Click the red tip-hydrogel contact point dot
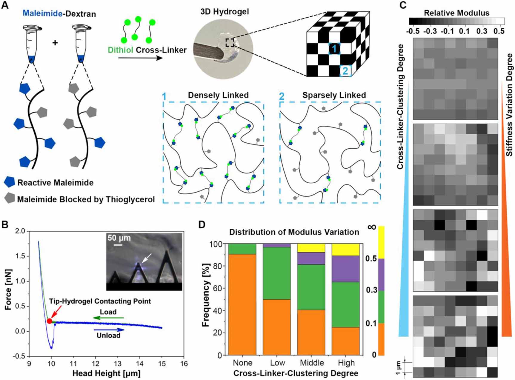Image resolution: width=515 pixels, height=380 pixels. [x=50, y=321]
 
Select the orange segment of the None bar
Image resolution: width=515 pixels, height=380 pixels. [x=242, y=304]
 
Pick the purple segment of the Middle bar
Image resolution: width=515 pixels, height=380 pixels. [x=311, y=258]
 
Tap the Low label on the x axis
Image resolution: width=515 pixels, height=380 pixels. [x=277, y=363]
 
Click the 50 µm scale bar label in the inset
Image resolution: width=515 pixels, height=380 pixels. [x=119, y=238]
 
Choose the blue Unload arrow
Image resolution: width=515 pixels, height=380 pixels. [x=109, y=330]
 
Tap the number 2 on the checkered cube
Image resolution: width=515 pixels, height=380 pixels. [x=345, y=71]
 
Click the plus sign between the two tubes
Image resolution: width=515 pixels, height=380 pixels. [x=55, y=43]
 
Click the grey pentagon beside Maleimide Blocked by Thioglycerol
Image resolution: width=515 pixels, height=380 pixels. [x=10, y=198]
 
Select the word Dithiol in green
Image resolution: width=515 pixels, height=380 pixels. [x=121, y=50]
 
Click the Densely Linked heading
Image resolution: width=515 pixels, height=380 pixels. [x=218, y=95]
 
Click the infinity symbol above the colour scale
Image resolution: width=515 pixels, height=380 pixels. [x=372, y=227]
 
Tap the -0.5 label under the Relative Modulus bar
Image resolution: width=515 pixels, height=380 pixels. [x=413, y=31]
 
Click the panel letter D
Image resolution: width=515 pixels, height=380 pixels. [x=202, y=224]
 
